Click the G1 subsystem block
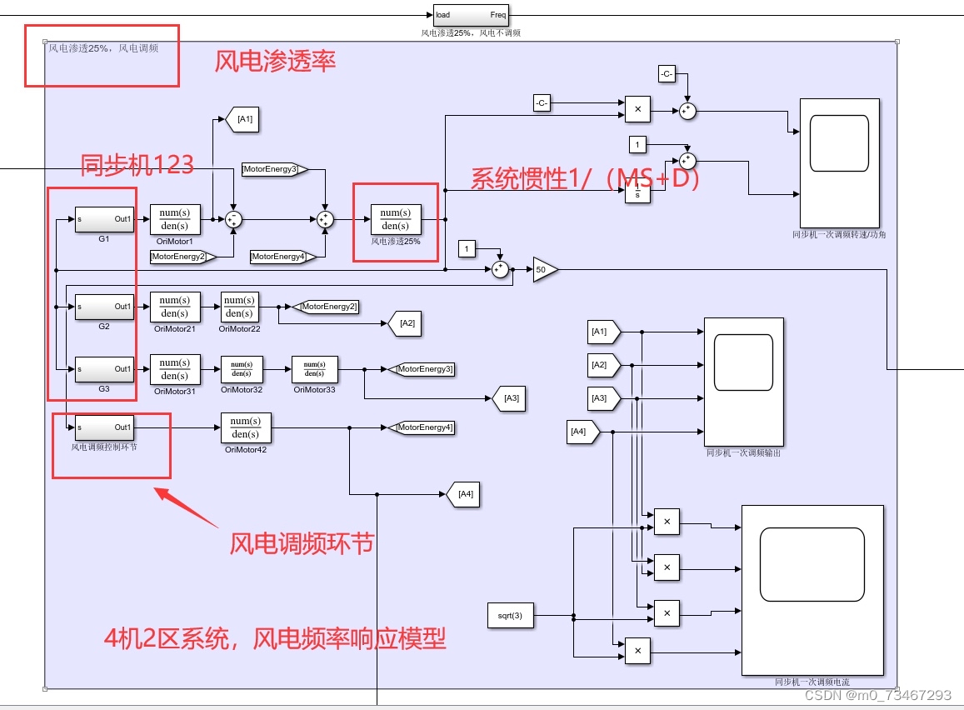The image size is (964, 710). [104, 220]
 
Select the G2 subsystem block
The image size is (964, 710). [104, 307]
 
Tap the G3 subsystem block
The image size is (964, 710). [104, 369]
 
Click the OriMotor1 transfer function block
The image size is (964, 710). [175, 219]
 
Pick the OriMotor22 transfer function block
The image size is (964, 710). [239, 307]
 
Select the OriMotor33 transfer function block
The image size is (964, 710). [314, 369]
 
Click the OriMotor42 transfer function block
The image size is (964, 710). [246, 427]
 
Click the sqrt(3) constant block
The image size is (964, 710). [510, 616]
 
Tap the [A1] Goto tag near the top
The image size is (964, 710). [242, 119]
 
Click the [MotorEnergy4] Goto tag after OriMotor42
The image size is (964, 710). [422, 427]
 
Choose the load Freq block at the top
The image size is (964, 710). [470, 15]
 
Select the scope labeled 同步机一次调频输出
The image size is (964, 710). [743, 382]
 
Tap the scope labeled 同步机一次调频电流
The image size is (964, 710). [812, 590]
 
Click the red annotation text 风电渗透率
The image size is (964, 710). [275, 62]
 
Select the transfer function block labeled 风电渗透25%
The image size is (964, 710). [396, 219]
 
